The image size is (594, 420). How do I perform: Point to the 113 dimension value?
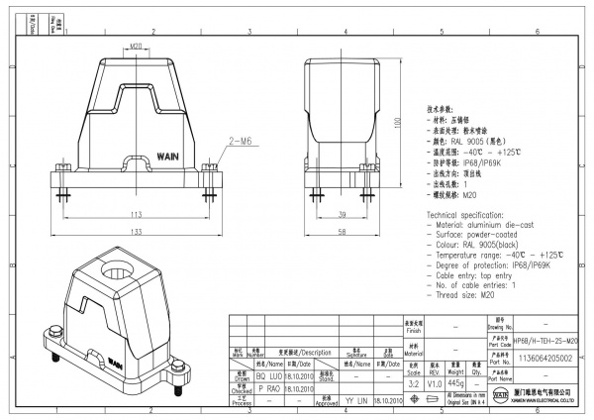137,214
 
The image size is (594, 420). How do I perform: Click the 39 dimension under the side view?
341,214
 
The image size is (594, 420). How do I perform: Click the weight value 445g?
457,381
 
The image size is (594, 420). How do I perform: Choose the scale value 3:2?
413,381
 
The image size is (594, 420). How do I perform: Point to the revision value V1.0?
435,381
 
